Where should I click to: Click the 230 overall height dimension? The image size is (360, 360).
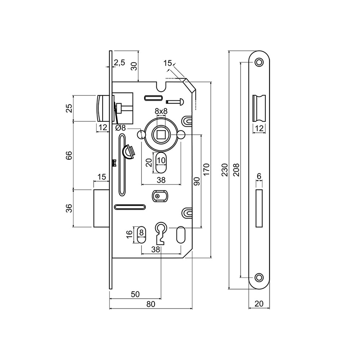tap(225, 170)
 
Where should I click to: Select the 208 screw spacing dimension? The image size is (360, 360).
tap(236, 170)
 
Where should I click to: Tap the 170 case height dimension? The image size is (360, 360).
tap(206, 170)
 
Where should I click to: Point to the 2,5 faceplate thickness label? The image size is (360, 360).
tap(120, 62)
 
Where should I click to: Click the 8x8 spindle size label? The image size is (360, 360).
tap(161, 111)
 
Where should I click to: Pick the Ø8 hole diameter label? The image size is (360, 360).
tap(121, 128)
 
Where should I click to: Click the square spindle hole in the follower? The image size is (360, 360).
tap(161, 134)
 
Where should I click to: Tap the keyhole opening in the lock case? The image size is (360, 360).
tap(161, 233)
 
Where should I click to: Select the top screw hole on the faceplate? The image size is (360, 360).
tap(259, 62)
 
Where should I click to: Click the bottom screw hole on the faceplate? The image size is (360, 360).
tap(259, 277)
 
